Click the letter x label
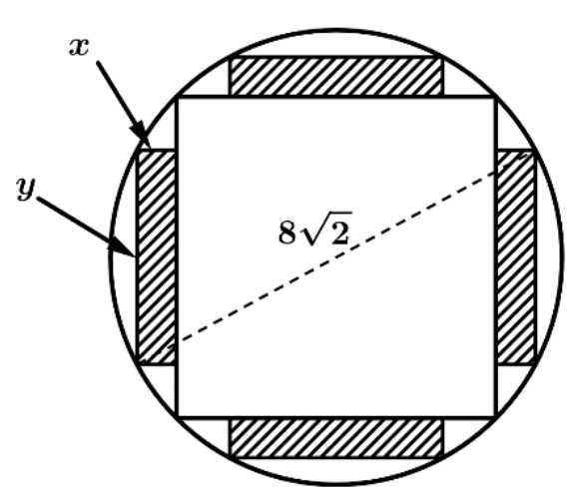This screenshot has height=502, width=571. pyautogui.click(x=79, y=47)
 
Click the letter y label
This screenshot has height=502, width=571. pyautogui.click(x=26, y=189)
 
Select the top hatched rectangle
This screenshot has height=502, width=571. pyautogui.click(x=336, y=76)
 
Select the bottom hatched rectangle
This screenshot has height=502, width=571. pyautogui.click(x=336, y=437)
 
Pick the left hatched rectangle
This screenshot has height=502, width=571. pyautogui.click(x=157, y=256)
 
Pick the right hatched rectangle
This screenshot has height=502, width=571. pyautogui.click(x=516, y=256)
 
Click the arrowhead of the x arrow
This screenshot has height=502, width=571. pyautogui.click(x=142, y=136)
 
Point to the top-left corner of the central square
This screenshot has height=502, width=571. pyautogui.click(x=177, y=97)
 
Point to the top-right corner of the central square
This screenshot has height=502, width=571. pyautogui.click(x=496, y=97)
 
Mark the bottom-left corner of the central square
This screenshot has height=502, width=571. pyautogui.click(x=177, y=416)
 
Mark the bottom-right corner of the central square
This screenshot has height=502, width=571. pyautogui.click(x=496, y=416)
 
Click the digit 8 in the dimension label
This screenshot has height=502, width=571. pyautogui.click(x=286, y=233)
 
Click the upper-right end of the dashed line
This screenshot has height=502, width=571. pyautogui.click(x=526, y=156)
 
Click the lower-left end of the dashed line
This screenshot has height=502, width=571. pyautogui.click(x=169, y=347)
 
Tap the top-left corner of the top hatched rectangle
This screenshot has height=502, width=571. pyautogui.click(x=230, y=57)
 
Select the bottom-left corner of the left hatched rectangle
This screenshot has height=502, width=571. pyautogui.click(x=137, y=363)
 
